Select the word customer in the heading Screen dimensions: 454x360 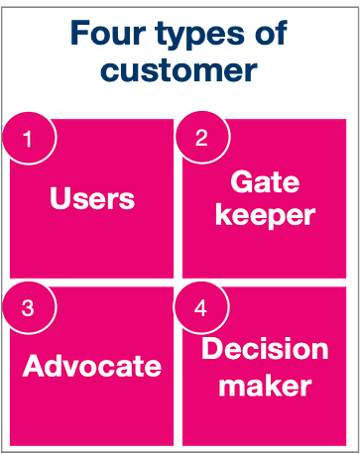180,71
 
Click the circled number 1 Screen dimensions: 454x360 28,139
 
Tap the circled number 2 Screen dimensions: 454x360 201,139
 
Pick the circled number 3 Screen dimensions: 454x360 28,307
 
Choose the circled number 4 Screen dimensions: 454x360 201,307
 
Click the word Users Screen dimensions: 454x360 92,199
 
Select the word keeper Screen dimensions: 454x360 265,216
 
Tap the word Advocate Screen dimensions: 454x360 92,367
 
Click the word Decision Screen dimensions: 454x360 265,350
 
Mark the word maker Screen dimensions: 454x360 265,385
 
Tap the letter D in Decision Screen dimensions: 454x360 212,350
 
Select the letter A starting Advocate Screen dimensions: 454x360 34,367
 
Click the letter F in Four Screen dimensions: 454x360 78,34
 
